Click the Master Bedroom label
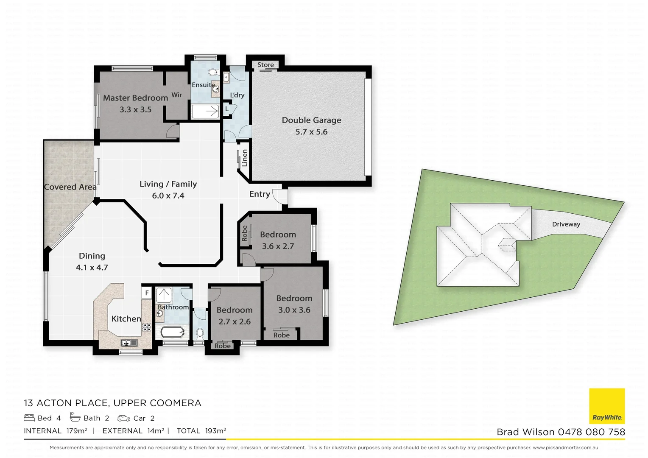click(x=135, y=98)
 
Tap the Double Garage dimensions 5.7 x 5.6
click(x=311, y=132)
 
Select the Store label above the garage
click(x=265, y=65)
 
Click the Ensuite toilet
click(x=213, y=73)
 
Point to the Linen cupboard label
click(x=244, y=158)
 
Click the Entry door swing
click(x=279, y=196)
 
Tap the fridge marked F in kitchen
click(x=147, y=293)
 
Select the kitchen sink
click(x=128, y=342)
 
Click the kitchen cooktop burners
click(x=146, y=327)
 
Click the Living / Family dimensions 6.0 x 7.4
click(x=168, y=196)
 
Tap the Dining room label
click(x=92, y=256)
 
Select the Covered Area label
click(x=70, y=187)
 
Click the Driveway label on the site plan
click(x=566, y=224)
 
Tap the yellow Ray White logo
click(x=607, y=406)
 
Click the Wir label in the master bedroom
click(x=176, y=95)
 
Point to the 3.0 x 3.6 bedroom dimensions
click(x=294, y=310)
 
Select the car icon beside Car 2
click(x=124, y=418)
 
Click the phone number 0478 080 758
click(x=591, y=432)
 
